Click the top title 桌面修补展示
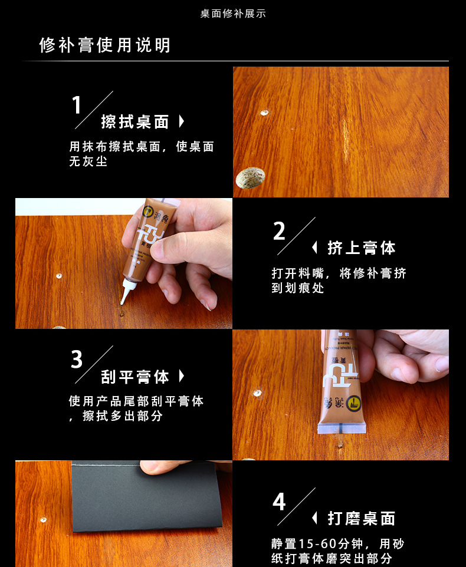click(233, 14)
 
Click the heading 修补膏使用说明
click(104, 45)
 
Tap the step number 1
click(76, 105)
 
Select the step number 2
click(279, 231)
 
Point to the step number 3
click(77, 360)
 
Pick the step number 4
click(279, 502)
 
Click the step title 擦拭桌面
click(135, 122)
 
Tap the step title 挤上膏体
click(362, 248)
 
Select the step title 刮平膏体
click(135, 377)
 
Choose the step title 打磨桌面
click(362, 519)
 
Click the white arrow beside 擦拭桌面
click(182, 121)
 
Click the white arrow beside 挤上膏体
click(314, 248)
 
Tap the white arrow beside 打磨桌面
click(314, 518)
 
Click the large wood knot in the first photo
click(250, 178)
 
